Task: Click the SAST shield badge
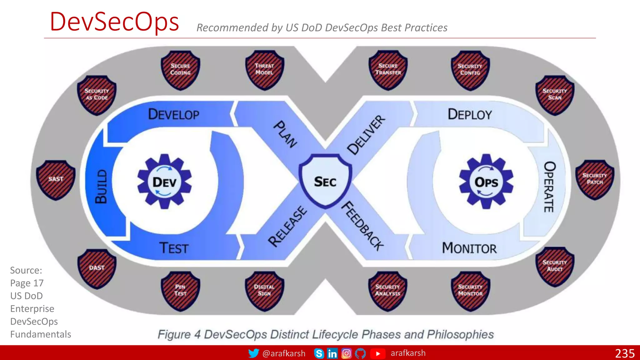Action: pos(56,180)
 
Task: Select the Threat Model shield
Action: pos(264,70)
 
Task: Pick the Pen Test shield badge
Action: pos(180,291)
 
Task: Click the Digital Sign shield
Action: pos(264,291)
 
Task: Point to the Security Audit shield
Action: pos(555,266)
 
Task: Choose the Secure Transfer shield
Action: pos(388,70)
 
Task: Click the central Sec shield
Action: pos(325,181)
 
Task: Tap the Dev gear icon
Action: pos(165,182)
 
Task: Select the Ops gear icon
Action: pos(486,182)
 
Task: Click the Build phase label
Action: pos(101,187)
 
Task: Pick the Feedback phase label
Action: pos(362,226)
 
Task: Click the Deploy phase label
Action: pos(470,115)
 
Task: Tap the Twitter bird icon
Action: pos(253,353)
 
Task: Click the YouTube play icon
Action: pos(378,353)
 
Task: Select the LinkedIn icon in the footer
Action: pos(332,353)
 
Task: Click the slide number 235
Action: pos(625,353)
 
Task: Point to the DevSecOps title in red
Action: pos(114,22)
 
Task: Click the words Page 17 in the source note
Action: pos(27,283)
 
